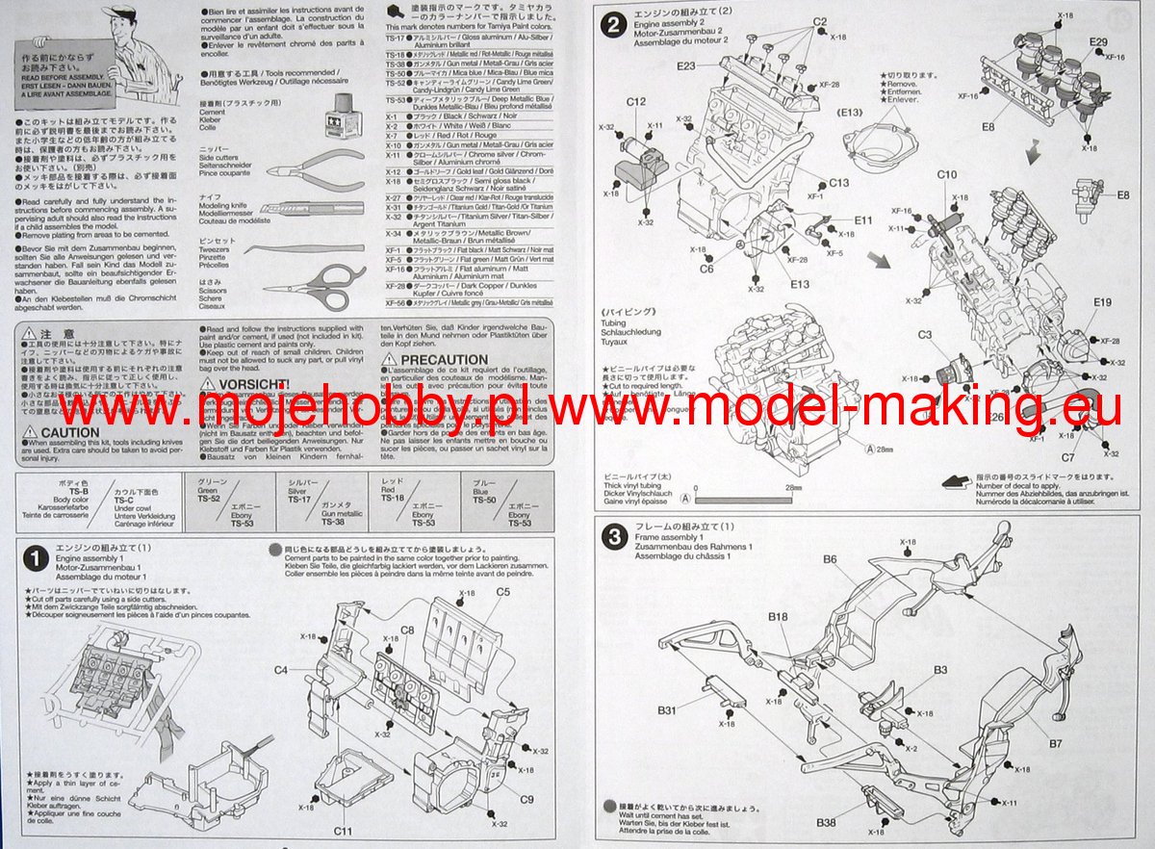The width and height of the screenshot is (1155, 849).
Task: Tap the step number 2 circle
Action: click(612, 26)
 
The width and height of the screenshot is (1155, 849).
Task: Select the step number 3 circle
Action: click(612, 536)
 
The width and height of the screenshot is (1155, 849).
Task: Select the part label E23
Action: click(686, 66)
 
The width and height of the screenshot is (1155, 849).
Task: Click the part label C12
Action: click(636, 102)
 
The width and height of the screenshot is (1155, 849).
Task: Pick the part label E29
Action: click(1099, 42)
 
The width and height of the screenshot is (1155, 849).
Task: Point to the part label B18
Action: click(778, 618)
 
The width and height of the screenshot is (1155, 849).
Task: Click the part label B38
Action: click(826, 822)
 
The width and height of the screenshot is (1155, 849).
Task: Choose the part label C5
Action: click(503, 592)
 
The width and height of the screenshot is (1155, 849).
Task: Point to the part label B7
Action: click(1056, 743)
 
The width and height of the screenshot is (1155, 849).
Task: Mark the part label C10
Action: click(947, 175)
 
